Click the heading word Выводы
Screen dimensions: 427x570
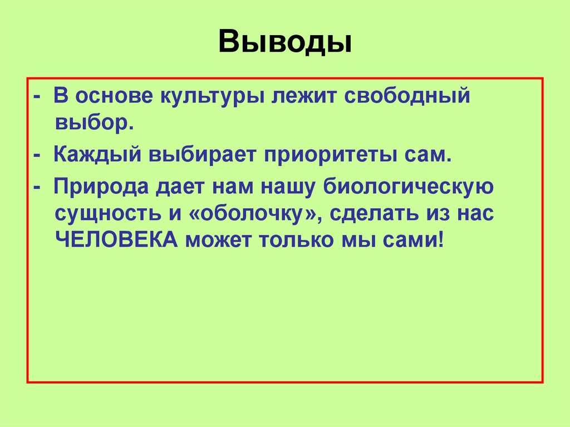(x=284, y=42)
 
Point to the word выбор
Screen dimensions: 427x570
(x=94, y=122)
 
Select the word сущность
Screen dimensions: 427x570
(x=105, y=214)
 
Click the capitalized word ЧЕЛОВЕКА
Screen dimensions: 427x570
(x=116, y=241)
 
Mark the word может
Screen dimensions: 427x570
(x=223, y=241)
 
